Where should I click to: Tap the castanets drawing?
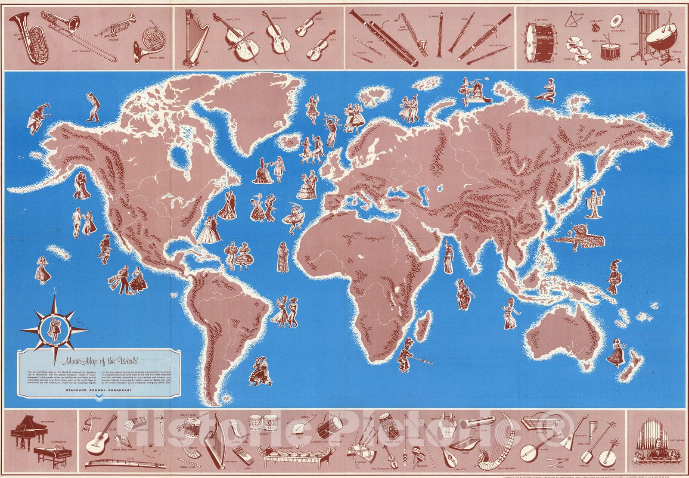pyautogui.click(x=596, y=28)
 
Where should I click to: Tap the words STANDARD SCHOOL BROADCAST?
pyautogui.click(x=87, y=391)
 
